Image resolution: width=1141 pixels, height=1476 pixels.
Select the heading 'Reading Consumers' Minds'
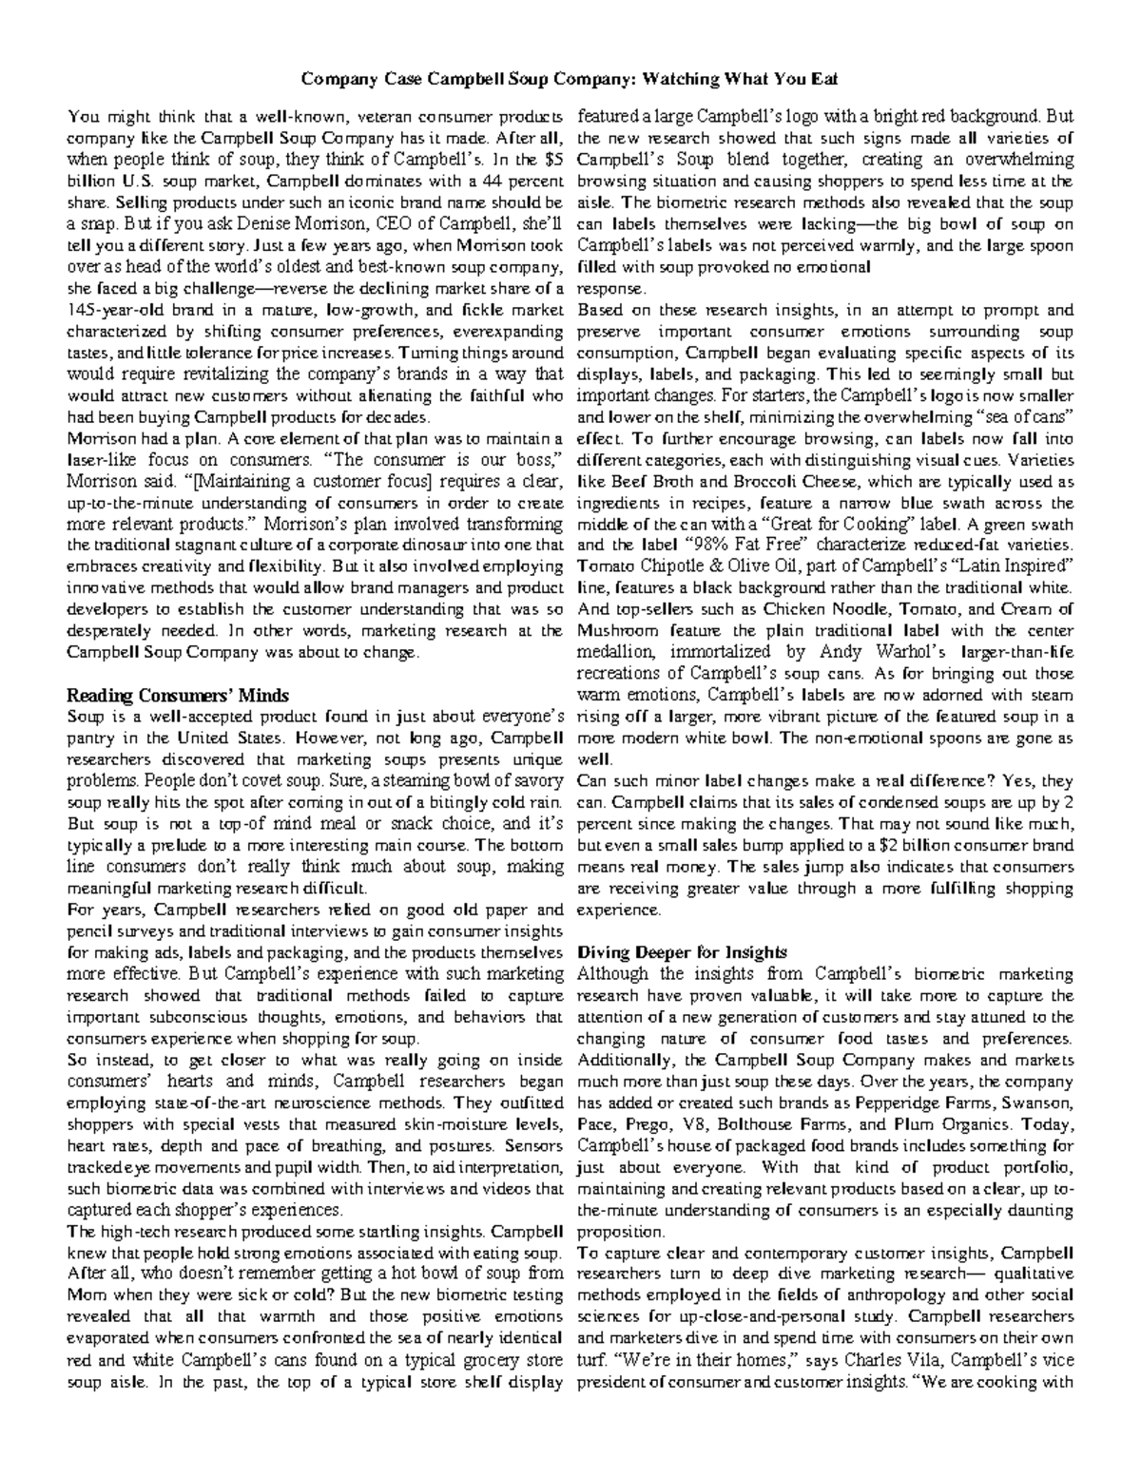click(x=178, y=694)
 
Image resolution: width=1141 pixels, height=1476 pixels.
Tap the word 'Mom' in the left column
click(x=86, y=1295)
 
